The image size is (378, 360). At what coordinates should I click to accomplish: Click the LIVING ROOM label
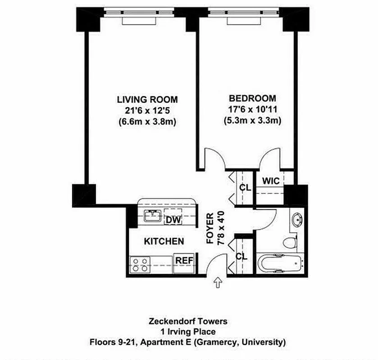[x=147, y=99]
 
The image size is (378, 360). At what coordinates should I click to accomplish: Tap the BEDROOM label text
[x=252, y=99]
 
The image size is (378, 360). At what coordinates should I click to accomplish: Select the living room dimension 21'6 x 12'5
[x=147, y=110]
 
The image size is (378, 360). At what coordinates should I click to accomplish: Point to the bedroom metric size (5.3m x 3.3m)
[x=252, y=120]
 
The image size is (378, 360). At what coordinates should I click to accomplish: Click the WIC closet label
[x=271, y=181]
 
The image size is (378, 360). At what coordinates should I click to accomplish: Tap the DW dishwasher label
[x=173, y=220]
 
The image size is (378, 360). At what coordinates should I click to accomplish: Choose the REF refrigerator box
[x=184, y=261]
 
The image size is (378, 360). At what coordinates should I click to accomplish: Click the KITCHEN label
[x=164, y=242]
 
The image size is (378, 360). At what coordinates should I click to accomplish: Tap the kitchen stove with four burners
[x=140, y=265]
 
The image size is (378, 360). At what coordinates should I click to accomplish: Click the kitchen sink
[x=153, y=216]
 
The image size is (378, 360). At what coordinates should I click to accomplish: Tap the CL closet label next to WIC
[x=245, y=187]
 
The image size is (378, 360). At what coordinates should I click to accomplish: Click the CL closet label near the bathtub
[x=241, y=256]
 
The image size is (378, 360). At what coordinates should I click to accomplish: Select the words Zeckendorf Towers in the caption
[x=187, y=321]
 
